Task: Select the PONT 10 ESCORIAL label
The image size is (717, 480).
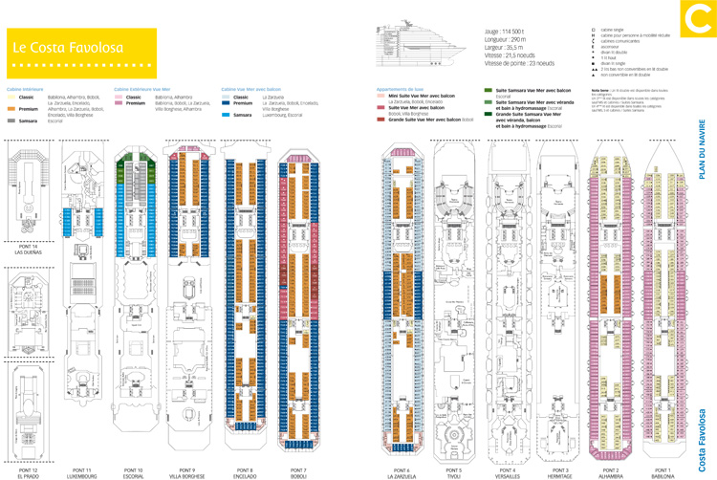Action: tap(133, 472)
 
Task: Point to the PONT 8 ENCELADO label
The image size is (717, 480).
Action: tap(243, 472)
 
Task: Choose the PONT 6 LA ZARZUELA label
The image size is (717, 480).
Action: tap(399, 472)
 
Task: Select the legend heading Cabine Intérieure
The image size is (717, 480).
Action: tap(23, 89)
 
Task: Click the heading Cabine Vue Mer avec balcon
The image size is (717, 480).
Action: tap(250, 89)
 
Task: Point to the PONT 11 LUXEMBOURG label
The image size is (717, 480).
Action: tap(82, 472)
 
